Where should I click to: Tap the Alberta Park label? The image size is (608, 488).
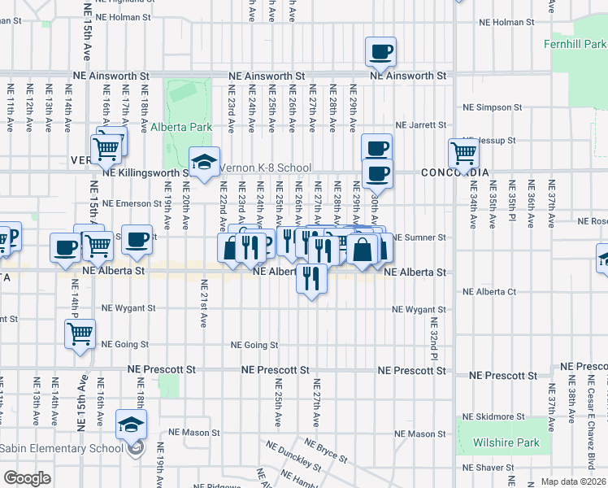point(181,127)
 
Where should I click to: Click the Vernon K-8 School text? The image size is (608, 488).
point(266,168)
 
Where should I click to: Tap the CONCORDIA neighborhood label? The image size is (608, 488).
point(455,173)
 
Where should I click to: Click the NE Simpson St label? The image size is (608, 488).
point(489,107)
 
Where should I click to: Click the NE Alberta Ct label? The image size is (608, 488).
point(489,291)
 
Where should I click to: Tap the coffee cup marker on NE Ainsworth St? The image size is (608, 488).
point(380,53)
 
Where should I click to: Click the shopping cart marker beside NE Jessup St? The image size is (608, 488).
point(463,152)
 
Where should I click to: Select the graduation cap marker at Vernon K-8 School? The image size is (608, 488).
point(205,161)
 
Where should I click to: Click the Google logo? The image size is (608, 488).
point(27,478)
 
